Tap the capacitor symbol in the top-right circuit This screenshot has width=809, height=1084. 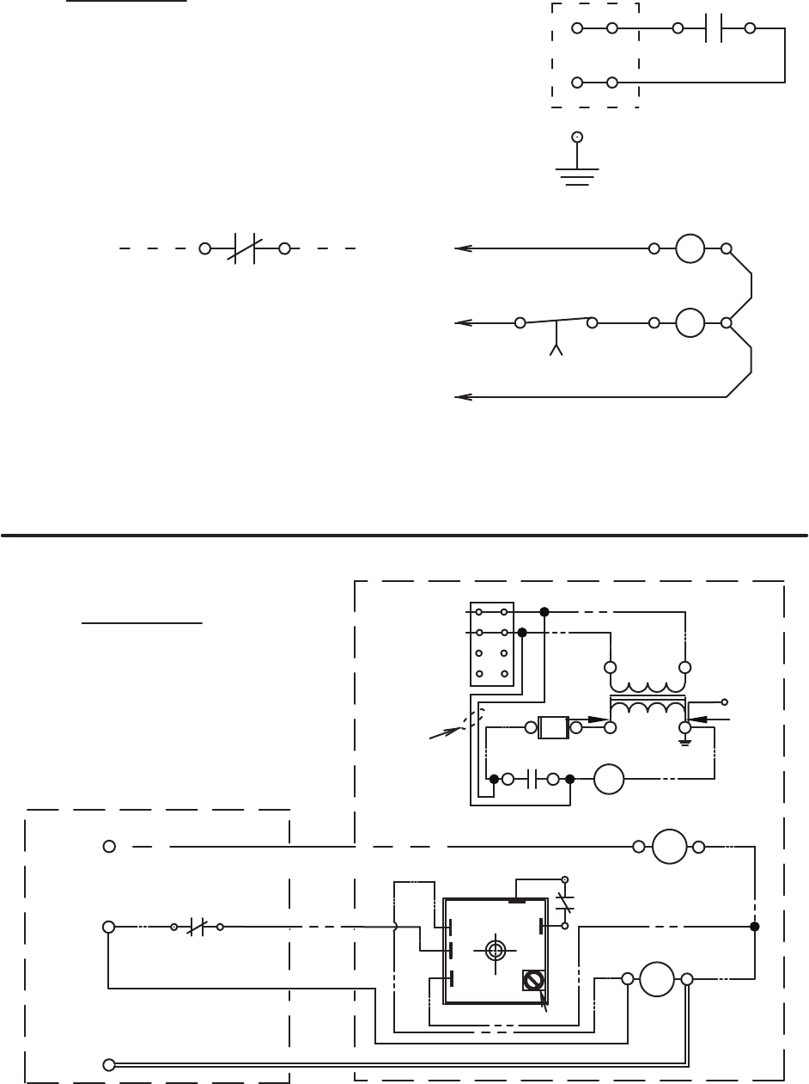[714, 28]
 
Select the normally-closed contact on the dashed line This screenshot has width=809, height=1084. [244, 248]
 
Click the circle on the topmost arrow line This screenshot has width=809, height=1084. [690, 248]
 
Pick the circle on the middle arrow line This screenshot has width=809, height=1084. [690, 323]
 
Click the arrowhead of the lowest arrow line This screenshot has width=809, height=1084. [463, 397]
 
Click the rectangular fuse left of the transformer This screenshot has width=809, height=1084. [553, 728]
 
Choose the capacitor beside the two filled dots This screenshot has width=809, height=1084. [531, 780]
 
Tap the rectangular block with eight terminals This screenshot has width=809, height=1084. [492, 644]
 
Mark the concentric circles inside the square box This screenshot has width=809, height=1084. [495, 949]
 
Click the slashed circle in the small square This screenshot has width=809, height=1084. [534, 980]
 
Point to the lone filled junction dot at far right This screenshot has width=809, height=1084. [755, 927]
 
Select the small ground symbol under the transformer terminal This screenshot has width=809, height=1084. [685, 740]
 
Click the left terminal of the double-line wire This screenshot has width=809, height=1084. [109, 1064]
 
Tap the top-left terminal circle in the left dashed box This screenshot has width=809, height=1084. [109, 847]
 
